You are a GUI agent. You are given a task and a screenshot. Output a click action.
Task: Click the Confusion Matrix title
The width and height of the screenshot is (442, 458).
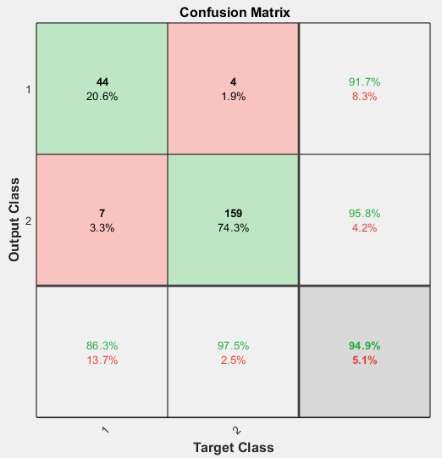pyautogui.click(x=234, y=13)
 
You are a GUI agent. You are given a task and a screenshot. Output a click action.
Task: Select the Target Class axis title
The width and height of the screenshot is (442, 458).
pyautogui.click(x=234, y=447)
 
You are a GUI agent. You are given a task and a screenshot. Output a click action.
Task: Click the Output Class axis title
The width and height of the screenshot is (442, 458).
pyautogui.click(x=14, y=219)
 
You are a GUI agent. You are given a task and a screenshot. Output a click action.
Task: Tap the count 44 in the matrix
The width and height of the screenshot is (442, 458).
pyautogui.click(x=102, y=82)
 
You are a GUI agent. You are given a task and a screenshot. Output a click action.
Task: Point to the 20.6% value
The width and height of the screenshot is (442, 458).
pyautogui.click(x=102, y=97)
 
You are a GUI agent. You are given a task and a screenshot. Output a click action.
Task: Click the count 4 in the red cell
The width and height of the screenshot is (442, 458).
pyautogui.click(x=233, y=82)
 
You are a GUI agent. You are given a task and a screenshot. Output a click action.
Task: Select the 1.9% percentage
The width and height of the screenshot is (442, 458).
pyautogui.click(x=233, y=97)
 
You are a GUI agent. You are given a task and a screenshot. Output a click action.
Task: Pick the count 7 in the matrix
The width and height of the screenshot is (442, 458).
pyautogui.click(x=102, y=213)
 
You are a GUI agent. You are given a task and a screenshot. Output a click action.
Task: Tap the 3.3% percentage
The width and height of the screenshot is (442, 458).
pyautogui.click(x=102, y=227)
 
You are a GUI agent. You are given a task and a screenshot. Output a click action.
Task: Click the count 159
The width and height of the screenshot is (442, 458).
pyautogui.click(x=233, y=213)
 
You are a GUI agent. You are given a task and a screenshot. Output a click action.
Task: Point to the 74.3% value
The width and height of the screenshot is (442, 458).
pyautogui.click(x=233, y=227)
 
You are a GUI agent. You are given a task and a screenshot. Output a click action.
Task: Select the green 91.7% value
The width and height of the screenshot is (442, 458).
pyautogui.click(x=364, y=82)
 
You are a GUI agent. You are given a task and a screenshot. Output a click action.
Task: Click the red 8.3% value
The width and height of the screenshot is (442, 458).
pyautogui.click(x=364, y=97)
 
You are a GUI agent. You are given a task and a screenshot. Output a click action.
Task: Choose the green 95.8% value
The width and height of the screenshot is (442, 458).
pyautogui.click(x=364, y=213)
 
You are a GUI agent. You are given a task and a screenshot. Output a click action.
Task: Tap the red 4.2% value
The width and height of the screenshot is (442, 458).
pyautogui.click(x=364, y=227)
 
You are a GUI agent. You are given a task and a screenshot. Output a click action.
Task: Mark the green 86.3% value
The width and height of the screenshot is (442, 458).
pyautogui.click(x=102, y=345)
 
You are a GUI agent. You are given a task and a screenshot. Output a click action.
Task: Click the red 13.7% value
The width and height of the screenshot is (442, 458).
pyautogui.click(x=102, y=360)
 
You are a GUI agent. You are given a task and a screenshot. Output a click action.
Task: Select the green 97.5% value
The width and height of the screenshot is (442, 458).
pyautogui.click(x=233, y=345)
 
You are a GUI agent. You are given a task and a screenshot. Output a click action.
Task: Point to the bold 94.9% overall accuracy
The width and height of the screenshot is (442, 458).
pyautogui.click(x=364, y=345)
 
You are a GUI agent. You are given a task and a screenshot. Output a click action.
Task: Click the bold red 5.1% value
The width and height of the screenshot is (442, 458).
pyautogui.click(x=364, y=360)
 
